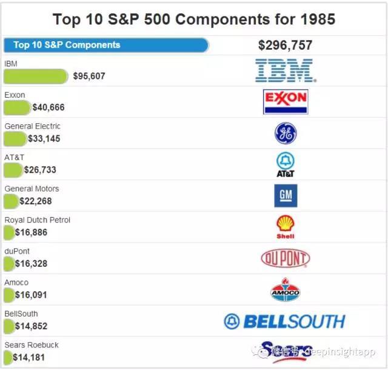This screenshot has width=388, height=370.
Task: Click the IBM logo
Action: [x=285, y=71]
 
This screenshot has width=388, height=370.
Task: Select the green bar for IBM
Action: [x=36, y=76]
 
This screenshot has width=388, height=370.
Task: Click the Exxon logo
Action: [x=286, y=102]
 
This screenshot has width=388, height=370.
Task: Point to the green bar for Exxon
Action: [x=17, y=107]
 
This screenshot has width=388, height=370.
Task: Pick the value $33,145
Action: [x=44, y=139]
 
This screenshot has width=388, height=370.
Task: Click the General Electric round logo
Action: [x=286, y=133]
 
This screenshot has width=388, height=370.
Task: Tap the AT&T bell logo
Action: [x=286, y=164]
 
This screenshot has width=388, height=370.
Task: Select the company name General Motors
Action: [x=32, y=189]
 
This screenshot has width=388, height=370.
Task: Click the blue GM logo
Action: [x=286, y=196]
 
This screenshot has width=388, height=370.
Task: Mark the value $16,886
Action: [x=31, y=232]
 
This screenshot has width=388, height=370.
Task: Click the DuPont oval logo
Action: [x=286, y=258]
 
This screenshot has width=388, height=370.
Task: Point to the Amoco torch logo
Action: [x=286, y=289]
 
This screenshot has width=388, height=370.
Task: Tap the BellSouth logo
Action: [x=284, y=321]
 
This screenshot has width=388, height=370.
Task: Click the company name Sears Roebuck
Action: [x=32, y=345]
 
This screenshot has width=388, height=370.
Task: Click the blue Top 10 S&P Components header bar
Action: [x=106, y=45]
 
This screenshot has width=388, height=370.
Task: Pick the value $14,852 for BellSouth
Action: [x=31, y=326]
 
